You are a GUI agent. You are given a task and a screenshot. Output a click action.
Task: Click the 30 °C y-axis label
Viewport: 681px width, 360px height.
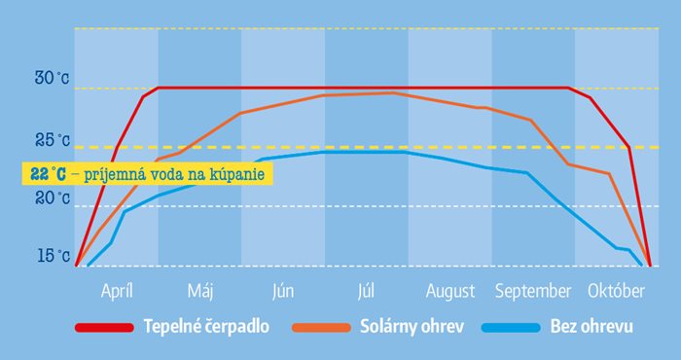52,79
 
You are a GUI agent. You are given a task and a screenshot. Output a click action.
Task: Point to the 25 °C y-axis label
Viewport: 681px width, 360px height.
53,140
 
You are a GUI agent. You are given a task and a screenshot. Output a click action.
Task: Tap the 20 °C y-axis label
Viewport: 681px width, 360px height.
53,198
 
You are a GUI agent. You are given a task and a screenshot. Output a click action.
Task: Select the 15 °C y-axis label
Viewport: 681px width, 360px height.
54,256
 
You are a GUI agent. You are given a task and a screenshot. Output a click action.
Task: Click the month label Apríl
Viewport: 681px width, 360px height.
117,291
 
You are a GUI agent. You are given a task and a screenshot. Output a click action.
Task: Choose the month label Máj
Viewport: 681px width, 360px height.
200,291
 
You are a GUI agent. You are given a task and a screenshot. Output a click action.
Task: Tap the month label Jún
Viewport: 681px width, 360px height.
283,291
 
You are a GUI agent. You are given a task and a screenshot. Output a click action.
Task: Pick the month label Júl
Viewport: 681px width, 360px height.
366,291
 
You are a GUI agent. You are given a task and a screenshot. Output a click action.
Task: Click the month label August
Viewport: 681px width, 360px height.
450,292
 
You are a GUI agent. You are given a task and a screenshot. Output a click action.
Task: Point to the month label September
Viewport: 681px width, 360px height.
533,292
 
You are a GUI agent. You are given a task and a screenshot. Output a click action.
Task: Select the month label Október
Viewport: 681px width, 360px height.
616,291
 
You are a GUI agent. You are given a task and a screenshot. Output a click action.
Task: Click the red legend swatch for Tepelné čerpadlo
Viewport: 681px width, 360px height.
104,328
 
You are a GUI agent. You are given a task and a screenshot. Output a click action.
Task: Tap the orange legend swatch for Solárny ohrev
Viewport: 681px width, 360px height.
321,328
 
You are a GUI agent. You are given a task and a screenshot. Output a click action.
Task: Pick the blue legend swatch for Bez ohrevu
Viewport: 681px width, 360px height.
511,328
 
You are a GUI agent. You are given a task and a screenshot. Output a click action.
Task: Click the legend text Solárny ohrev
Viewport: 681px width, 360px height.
412,327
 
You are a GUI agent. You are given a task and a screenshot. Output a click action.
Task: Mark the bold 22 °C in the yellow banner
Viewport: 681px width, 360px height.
49,174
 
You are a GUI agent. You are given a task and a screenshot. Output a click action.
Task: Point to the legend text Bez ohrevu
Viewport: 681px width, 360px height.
591,327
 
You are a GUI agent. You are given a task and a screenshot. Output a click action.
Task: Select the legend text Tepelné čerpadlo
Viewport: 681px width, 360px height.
206,328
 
